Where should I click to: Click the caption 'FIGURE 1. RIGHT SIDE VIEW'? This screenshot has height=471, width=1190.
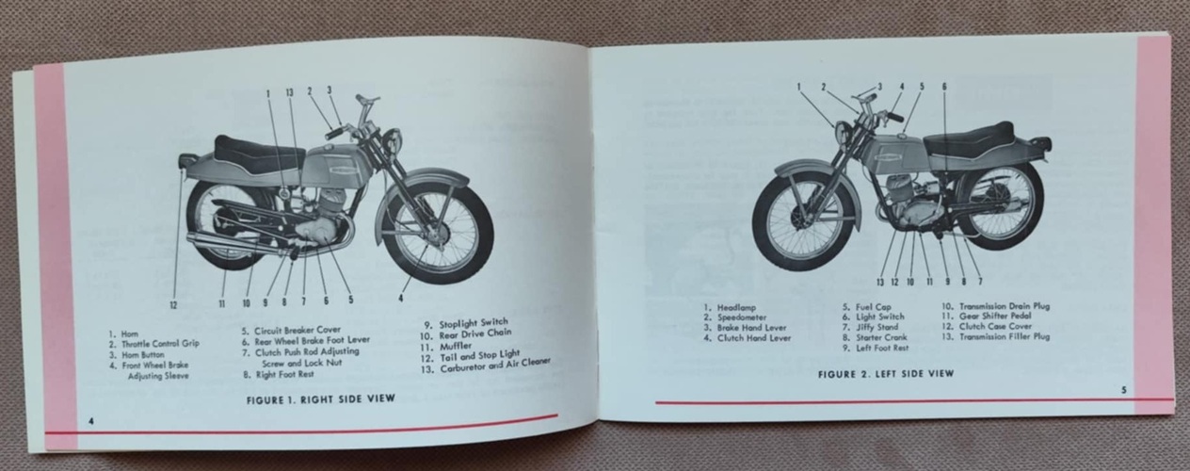pyautogui.click(x=321, y=398)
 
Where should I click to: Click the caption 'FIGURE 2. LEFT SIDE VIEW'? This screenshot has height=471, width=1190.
pyautogui.click(x=886, y=374)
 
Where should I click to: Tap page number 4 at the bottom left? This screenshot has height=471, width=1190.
pyautogui.click(x=91, y=421)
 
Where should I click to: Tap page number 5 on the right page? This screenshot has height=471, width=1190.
pyautogui.click(x=1123, y=390)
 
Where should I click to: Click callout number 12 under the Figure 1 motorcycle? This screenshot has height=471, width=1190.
pyautogui.click(x=173, y=304)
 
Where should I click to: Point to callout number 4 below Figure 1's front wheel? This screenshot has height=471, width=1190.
pyautogui.click(x=400, y=299)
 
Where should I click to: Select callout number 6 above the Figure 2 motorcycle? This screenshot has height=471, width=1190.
pyautogui.click(x=944, y=86)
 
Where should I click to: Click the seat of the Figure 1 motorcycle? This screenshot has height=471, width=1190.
pyautogui.click(x=259, y=154)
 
